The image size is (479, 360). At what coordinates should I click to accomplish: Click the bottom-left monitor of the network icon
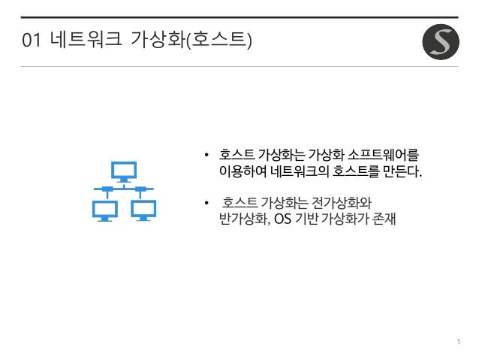click(104, 210)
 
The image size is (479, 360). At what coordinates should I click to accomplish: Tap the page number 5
click(458, 342)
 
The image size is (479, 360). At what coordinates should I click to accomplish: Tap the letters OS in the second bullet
click(282, 220)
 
